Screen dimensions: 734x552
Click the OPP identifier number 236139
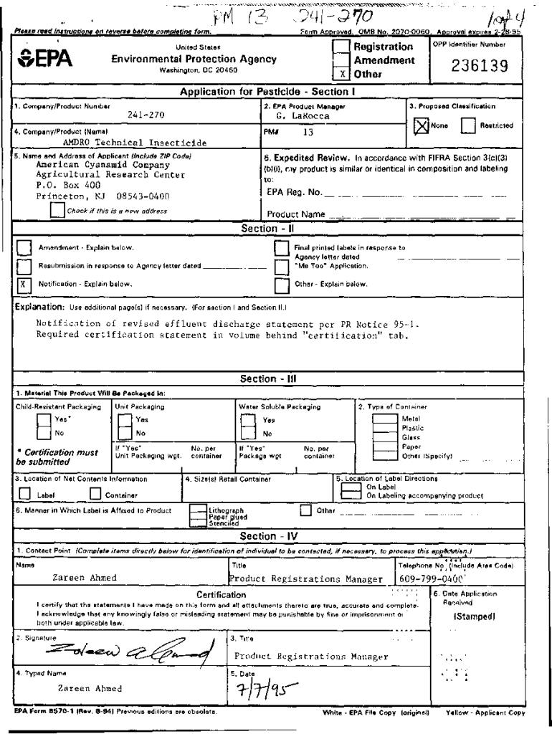tap(480, 67)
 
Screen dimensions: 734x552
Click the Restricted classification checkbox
tap(469, 125)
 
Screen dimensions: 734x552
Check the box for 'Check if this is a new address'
tap(57, 210)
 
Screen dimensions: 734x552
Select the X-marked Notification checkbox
tap(24, 284)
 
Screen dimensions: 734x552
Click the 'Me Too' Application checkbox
tap(282, 265)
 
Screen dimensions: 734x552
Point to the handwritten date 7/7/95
tap(258, 691)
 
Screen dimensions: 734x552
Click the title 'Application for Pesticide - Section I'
tap(267, 92)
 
